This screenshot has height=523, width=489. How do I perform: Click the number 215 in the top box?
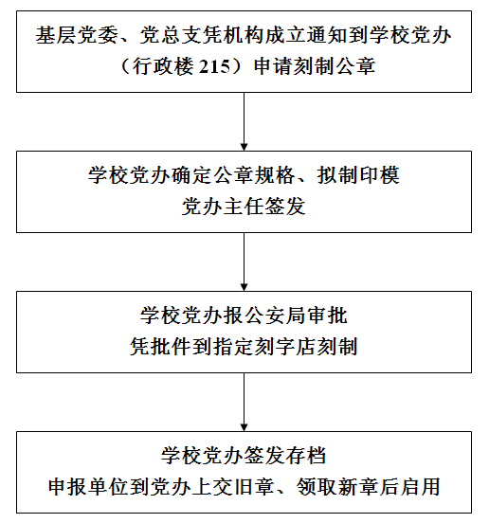(x=214, y=66)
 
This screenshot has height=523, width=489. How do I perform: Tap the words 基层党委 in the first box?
(x=77, y=35)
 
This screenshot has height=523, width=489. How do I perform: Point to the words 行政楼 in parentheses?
(x=163, y=66)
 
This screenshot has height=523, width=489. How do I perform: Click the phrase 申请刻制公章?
(x=315, y=66)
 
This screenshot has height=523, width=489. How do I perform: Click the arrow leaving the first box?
(x=244, y=121)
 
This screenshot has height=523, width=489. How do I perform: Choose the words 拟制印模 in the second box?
(x=358, y=175)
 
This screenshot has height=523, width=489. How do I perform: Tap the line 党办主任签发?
(x=244, y=207)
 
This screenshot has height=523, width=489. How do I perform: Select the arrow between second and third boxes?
(x=244, y=261)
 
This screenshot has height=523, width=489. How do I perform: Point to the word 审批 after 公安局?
(x=327, y=316)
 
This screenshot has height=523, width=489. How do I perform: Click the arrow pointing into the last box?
(x=244, y=402)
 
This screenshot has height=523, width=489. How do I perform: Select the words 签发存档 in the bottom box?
(x=285, y=456)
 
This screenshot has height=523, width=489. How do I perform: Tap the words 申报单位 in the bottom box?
(x=89, y=487)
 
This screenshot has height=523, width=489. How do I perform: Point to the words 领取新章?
(x=337, y=487)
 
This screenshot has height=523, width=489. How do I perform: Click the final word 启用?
(x=420, y=487)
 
